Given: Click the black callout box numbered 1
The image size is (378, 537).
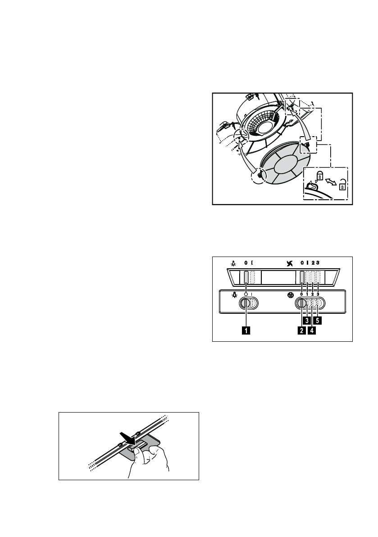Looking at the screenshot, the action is pyautogui.click(x=246, y=330).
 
